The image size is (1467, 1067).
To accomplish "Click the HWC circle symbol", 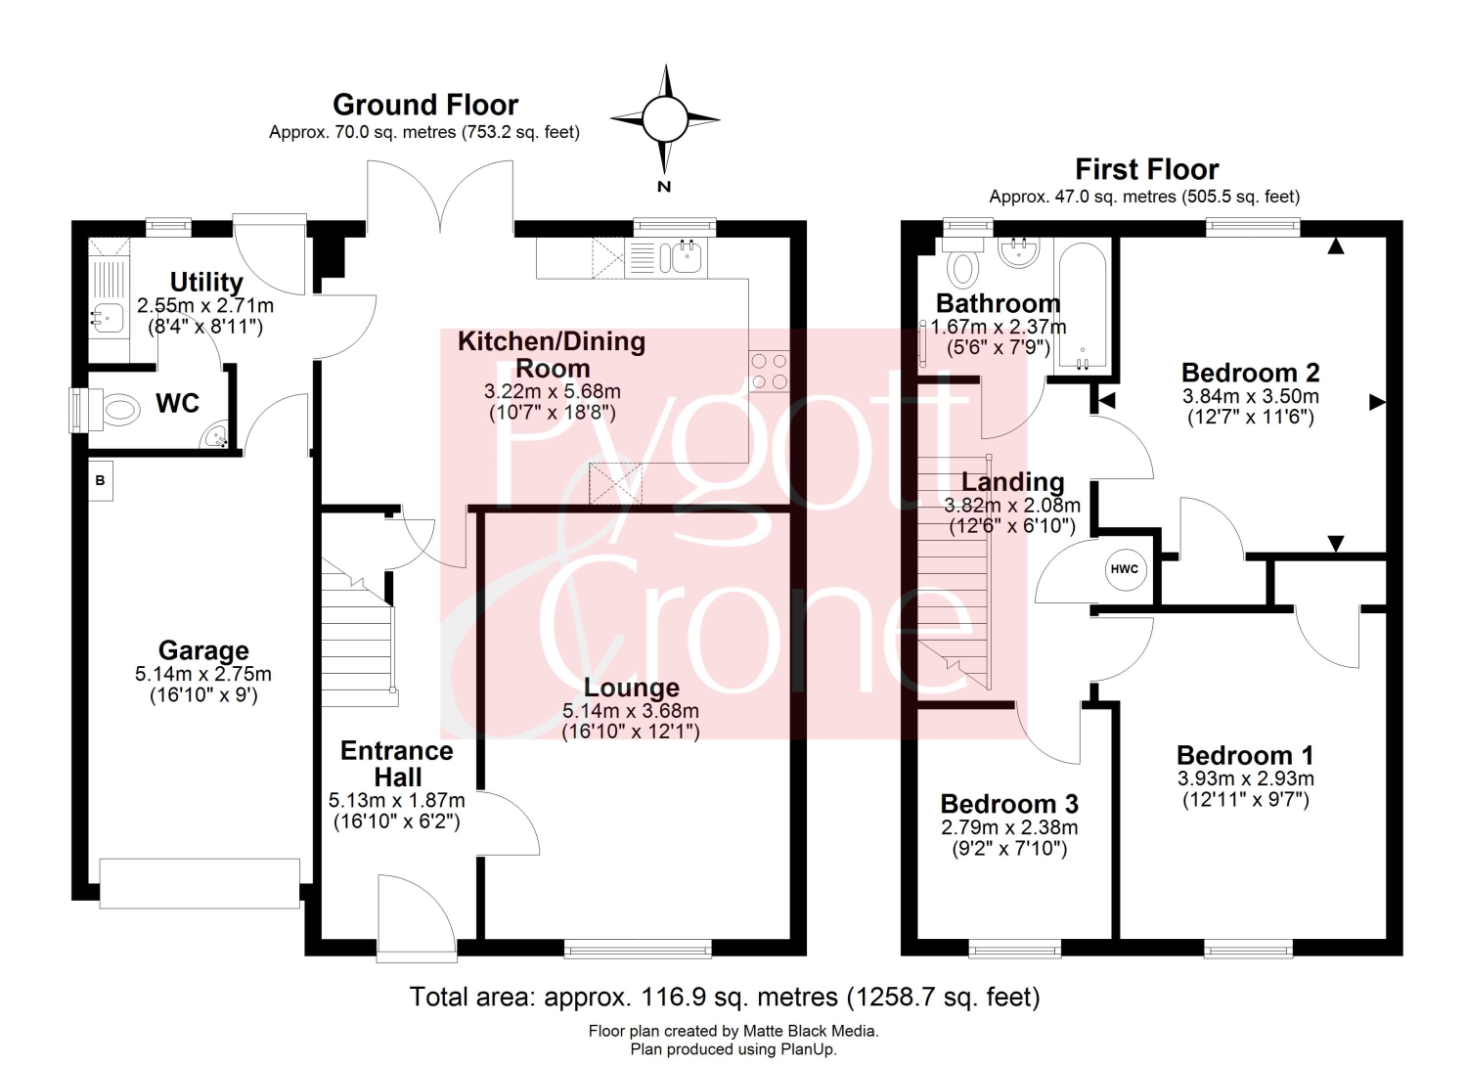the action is [x=1124, y=569].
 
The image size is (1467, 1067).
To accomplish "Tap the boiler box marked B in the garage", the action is [x=100, y=481].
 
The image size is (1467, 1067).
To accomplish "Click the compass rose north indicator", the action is [x=665, y=120].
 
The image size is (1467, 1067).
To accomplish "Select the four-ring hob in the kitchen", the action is [x=769, y=371].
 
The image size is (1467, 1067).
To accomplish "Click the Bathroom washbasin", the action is [x=1017, y=253].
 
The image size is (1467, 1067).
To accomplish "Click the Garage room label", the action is [x=203, y=650].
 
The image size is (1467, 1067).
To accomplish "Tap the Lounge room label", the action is [x=632, y=688].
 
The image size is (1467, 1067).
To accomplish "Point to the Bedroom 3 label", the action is [x=1009, y=804].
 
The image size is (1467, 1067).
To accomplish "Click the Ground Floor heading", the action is [x=425, y=105].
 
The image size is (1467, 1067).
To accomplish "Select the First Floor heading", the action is [x=1147, y=169].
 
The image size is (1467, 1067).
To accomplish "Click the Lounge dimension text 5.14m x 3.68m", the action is [x=631, y=711].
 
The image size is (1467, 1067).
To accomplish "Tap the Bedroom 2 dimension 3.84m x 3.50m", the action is [x=1251, y=396].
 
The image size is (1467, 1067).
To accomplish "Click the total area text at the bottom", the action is [x=725, y=997].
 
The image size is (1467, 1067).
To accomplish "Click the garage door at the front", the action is [x=200, y=883].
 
